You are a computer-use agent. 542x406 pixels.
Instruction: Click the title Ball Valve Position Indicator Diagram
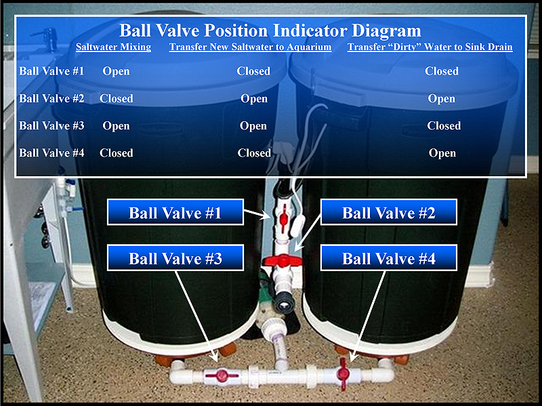(x=270, y=31)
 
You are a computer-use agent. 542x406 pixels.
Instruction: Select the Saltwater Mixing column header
(x=113, y=47)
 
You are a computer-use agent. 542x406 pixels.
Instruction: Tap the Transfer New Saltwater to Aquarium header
(x=250, y=47)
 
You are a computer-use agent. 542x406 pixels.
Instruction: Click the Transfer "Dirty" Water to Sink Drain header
(x=430, y=47)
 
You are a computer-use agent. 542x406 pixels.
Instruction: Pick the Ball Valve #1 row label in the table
(x=51, y=71)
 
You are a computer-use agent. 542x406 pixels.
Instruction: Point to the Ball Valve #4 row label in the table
(x=51, y=153)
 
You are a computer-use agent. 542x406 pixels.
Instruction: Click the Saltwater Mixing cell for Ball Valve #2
(x=116, y=98)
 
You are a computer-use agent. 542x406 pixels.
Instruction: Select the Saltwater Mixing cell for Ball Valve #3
(x=116, y=126)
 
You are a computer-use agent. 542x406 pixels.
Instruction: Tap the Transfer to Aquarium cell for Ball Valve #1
(x=253, y=71)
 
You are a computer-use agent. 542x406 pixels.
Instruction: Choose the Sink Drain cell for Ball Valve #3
(x=444, y=125)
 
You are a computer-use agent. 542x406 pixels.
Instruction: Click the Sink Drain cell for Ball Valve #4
(x=442, y=153)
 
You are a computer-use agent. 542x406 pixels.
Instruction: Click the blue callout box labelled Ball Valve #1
(x=175, y=212)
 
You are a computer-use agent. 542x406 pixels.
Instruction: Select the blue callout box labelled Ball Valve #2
(x=389, y=212)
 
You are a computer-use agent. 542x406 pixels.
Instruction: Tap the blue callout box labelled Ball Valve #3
(x=175, y=258)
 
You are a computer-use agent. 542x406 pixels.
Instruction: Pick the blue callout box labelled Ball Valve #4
(x=389, y=258)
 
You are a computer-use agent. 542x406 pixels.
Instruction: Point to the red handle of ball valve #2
(x=283, y=260)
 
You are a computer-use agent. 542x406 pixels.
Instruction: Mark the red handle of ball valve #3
(x=222, y=375)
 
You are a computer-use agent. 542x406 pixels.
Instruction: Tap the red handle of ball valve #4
(x=343, y=373)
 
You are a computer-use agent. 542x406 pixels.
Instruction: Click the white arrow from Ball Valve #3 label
(x=196, y=317)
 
